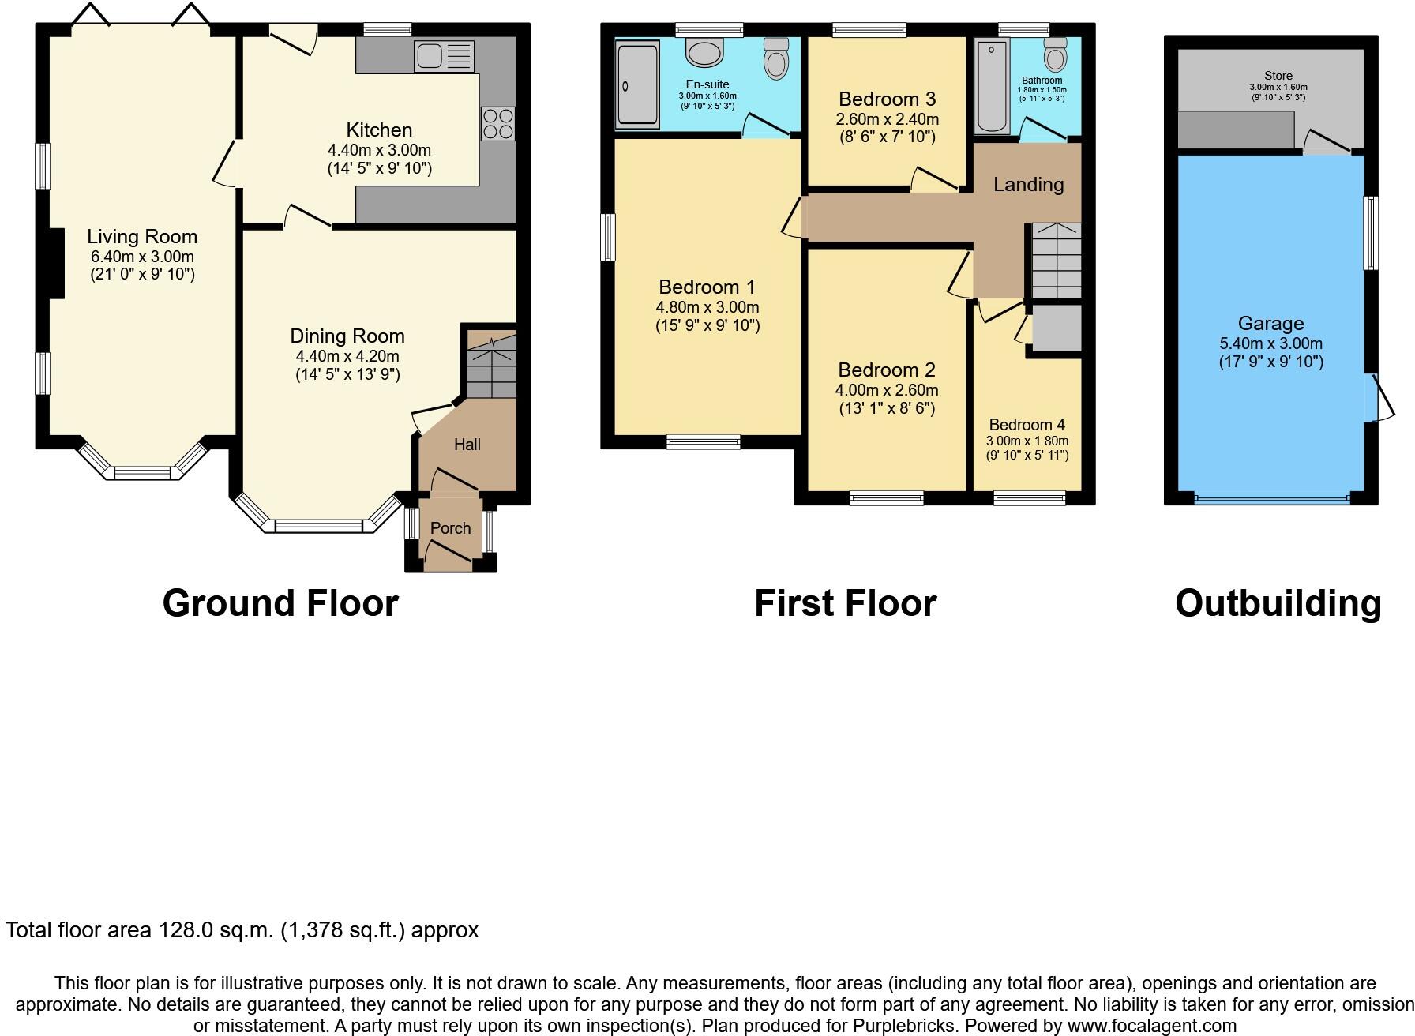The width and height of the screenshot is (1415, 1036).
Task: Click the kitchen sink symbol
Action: pos(444,56)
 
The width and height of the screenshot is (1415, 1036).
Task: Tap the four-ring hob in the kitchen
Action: pos(497,124)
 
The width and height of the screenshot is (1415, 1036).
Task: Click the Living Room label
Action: pos(142,236)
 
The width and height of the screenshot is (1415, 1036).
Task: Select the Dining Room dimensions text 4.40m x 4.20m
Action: pos(347,356)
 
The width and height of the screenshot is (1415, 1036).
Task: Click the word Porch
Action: pos(450,528)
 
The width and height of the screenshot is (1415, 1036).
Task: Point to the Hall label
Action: pos(467,445)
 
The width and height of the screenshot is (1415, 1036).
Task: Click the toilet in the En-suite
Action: pos(776,59)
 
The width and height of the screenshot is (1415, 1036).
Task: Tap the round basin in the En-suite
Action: pos(704,53)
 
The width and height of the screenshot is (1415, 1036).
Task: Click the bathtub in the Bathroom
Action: pos(988,88)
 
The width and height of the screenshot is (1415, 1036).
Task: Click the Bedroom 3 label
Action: pos(887,99)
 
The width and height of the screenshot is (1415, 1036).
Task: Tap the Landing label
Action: pos(1028,184)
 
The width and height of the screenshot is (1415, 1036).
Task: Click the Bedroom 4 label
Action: pos(1027,425)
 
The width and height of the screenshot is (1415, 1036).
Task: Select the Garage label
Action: pos(1270,323)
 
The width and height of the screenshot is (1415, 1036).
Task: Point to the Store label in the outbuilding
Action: pos(1278,76)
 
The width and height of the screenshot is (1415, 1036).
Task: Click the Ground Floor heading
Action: pos(280,603)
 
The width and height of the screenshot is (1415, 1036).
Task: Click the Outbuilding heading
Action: pos(1278,603)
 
